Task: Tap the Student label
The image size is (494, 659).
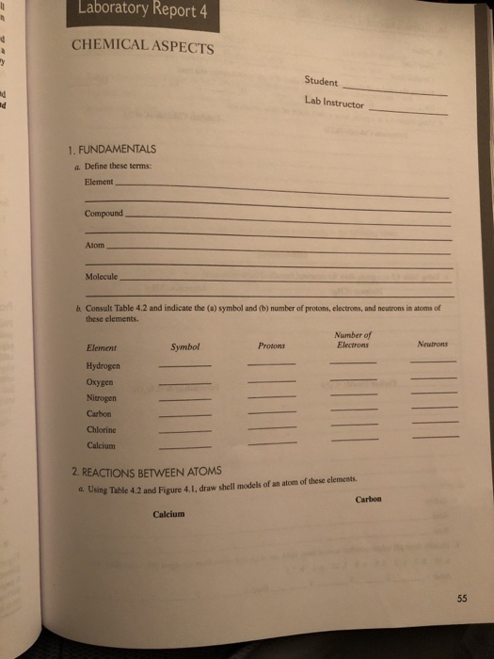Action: (322, 83)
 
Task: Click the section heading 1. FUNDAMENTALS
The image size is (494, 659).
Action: (112, 150)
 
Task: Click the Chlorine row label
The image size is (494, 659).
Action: (102, 429)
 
